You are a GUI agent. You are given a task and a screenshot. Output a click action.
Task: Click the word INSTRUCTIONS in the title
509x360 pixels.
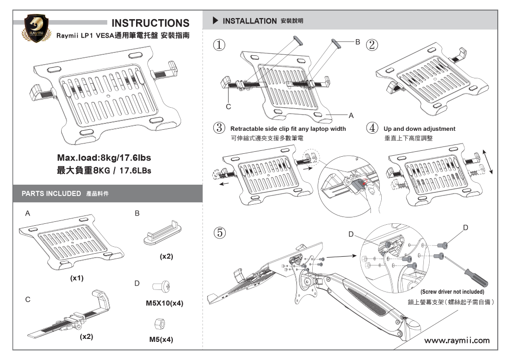pyautogui.click(x=150, y=23)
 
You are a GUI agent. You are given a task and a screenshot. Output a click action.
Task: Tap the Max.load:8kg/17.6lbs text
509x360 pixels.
pyautogui.click(x=104, y=158)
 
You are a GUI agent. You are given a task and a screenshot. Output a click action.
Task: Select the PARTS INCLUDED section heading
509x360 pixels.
pyautogui.click(x=51, y=193)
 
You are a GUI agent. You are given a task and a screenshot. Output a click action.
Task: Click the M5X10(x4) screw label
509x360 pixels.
pyautogui.click(x=164, y=303)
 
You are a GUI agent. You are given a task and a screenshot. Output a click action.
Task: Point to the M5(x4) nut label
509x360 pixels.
pyautogui.click(x=161, y=339)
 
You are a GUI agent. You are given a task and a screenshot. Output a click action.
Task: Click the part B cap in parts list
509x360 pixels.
pyautogui.click(x=162, y=236)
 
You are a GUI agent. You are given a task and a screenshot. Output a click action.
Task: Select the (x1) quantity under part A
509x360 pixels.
pyautogui.click(x=77, y=278)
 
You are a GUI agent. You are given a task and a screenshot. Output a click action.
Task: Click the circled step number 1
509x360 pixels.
pyautogui.click(x=219, y=45)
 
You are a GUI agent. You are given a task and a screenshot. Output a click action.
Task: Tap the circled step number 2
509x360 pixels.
pyautogui.click(x=372, y=45)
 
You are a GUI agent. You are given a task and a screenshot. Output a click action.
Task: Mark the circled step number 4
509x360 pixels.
pyautogui.click(x=372, y=128)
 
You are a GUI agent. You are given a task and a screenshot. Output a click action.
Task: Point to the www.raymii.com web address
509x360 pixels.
pyautogui.click(x=456, y=340)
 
